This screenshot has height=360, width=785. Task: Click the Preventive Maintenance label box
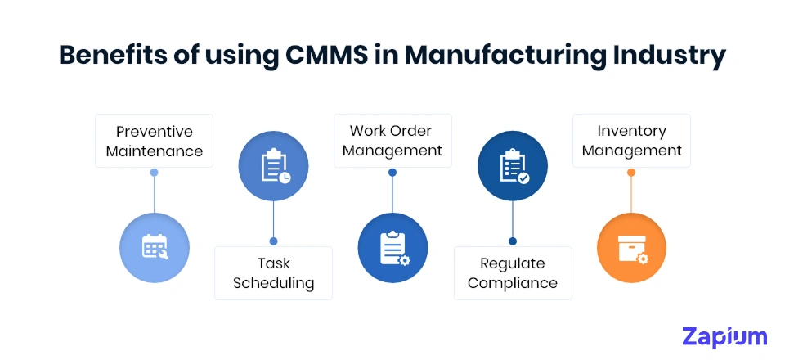(x=154, y=141)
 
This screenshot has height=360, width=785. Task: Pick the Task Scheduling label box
(x=273, y=273)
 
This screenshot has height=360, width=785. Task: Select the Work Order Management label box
(x=392, y=141)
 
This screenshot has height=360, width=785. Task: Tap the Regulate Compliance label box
(x=513, y=273)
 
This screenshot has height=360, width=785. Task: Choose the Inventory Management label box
(x=631, y=141)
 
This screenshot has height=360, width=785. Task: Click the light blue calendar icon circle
(x=154, y=247)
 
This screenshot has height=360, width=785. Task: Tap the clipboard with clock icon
(x=273, y=166)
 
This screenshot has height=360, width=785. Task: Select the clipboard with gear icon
(x=392, y=247)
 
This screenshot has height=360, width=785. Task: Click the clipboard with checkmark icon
(x=513, y=166)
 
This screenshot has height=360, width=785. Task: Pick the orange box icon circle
(x=631, y=247)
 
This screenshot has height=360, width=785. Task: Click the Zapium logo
(x=724, y=336)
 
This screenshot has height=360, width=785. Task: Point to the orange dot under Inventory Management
(x=631, y=173)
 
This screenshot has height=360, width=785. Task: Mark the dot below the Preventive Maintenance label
(x=154, y=173)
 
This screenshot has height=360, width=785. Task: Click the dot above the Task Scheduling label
(x=273, y=241)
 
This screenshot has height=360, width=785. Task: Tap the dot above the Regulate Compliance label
(x=513, y=241)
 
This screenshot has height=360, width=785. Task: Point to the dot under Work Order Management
(x=392, y=173)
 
